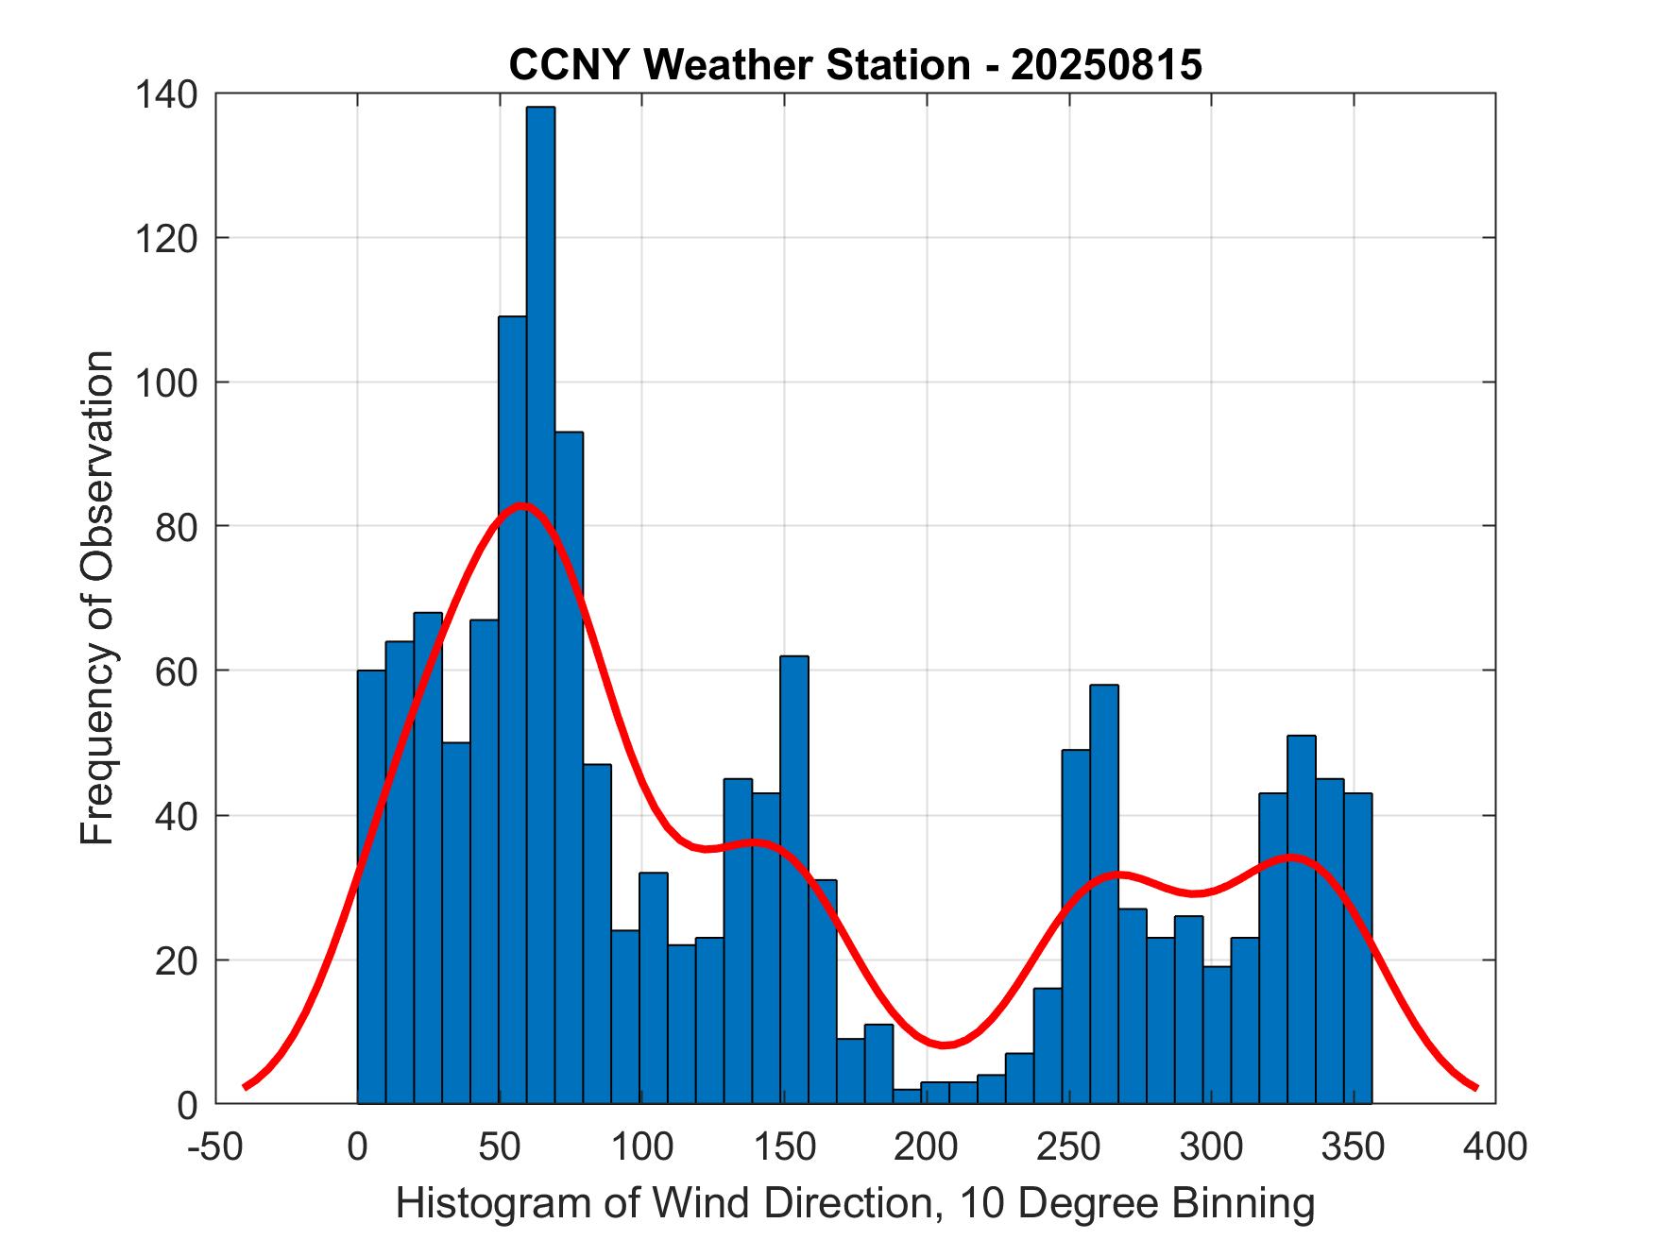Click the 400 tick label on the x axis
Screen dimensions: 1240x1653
point(1495,1147)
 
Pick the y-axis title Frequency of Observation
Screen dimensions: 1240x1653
point(97,597)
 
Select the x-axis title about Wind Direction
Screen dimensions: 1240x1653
point(855,1203)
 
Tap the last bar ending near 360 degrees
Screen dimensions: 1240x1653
point(1357,948)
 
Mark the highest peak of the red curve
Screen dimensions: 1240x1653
point(521,504)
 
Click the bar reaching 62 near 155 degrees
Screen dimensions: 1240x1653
point(794,878)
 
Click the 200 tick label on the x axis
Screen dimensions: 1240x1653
point(927,1147)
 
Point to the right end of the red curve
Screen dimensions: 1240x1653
point(1475,1088)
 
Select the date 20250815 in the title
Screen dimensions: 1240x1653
point(1106,65)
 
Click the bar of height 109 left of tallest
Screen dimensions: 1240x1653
point(512,708)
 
